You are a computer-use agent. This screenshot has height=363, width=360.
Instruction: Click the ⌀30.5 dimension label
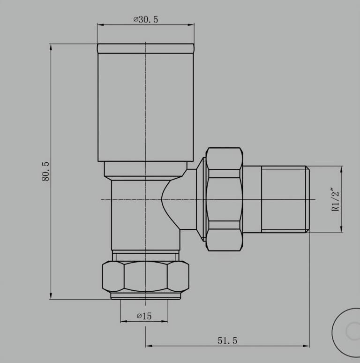pos(146,19)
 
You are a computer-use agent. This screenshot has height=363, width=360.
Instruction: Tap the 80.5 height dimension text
pos(45,172)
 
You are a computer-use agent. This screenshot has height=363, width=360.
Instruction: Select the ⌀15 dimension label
pos(144,316)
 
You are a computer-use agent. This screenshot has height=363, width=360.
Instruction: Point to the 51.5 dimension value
pos(227,340)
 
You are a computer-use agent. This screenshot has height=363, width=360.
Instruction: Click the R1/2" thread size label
pos(336,199)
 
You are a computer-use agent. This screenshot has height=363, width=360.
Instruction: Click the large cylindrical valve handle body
pos(146,107)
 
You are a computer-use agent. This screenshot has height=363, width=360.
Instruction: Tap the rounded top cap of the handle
pos(146,49)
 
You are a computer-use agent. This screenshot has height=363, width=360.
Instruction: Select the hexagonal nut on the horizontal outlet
pos(225,199)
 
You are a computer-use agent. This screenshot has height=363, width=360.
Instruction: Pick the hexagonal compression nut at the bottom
pos(145,276)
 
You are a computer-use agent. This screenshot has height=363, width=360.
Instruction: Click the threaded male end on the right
pos(285,199)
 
